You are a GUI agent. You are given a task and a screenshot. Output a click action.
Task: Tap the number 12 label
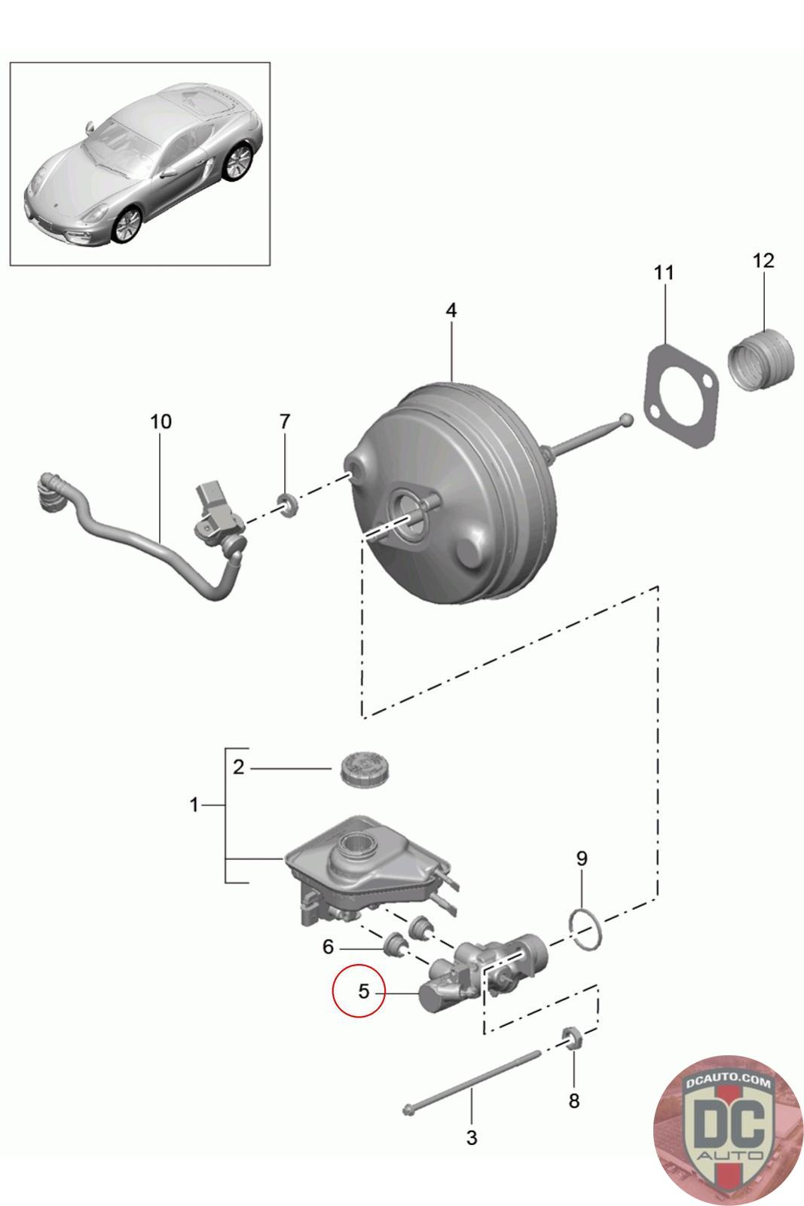(x=763, y=261)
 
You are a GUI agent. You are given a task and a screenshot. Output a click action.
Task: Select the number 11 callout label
(x=663, y=273)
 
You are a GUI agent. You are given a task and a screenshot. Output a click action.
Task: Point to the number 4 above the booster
(x=451, y=310)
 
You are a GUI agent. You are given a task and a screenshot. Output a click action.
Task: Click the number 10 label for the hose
(x=160, y=421)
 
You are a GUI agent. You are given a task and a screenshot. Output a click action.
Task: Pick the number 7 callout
(x=284, y=421)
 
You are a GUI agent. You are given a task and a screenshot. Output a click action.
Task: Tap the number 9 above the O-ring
(x=581, y=858)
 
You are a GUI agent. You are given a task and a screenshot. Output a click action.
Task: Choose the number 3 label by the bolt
(x=472, y=1137)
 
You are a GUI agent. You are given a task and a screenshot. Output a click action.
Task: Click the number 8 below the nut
(x=573, y=1100)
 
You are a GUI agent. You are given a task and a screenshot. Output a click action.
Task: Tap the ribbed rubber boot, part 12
(x=762, y=361)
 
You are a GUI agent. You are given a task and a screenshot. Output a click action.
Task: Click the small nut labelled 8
(x=572, y=1040)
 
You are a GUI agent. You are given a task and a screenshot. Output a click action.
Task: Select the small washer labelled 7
(x=286, y=504)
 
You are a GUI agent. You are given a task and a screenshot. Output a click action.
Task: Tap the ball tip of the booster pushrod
(x=625, y=419)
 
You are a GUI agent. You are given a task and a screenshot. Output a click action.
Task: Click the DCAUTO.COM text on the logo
(x=728, y=1082)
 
